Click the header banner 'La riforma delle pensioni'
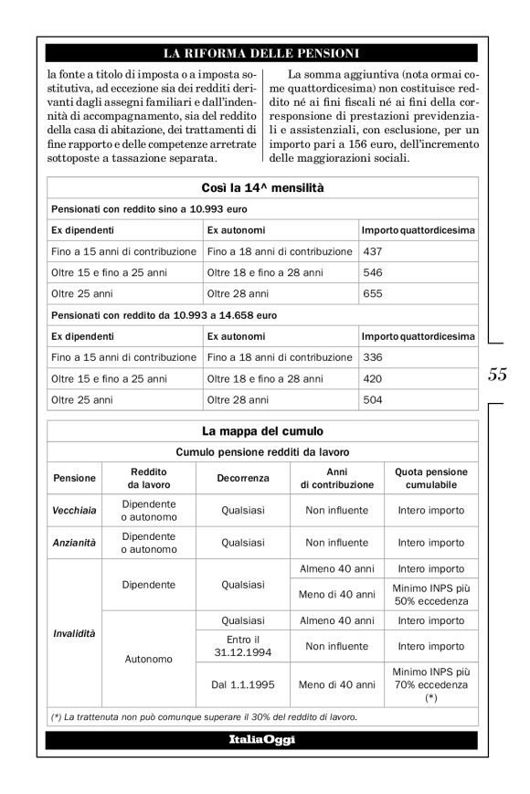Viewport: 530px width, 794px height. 262,52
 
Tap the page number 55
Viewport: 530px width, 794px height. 498,374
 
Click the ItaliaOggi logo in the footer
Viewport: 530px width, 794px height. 262,739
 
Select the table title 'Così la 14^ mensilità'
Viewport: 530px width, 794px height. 262,188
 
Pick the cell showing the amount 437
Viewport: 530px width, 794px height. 373,250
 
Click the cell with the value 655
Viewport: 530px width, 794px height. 373,294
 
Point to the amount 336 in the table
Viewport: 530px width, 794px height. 373,356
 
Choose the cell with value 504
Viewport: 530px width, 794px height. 373,399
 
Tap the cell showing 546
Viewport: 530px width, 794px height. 373,272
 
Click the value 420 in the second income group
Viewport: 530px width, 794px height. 373,378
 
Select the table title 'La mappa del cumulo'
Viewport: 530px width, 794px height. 262,430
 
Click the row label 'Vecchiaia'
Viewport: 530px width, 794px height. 74,511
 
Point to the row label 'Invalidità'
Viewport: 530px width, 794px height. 74,632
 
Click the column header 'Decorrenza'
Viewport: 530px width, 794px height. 244,478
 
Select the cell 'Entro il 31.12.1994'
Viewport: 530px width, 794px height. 244,644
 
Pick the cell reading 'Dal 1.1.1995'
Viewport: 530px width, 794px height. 244,683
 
